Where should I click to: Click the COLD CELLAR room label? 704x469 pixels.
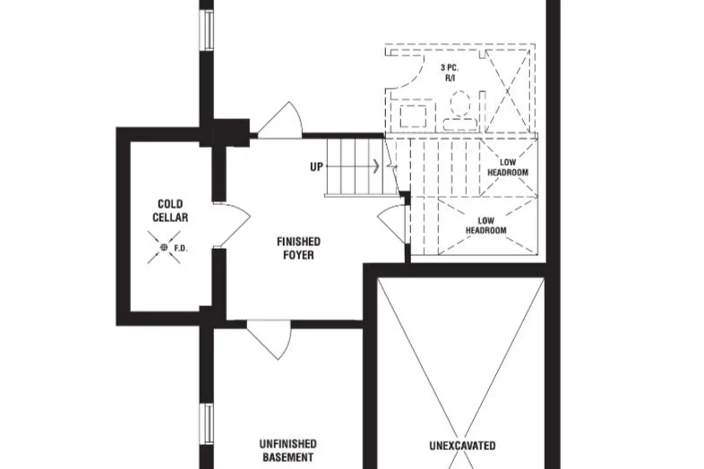pos(170,211)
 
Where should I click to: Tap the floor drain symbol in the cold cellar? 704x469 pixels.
pos(164,247)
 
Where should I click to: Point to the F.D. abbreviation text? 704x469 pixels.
pos(181,248)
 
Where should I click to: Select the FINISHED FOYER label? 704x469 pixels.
pos(298,248)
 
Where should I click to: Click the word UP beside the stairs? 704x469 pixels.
pos(316,166)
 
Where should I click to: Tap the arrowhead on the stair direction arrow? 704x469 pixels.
pos(376,166)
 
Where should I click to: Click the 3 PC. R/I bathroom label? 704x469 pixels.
pos(450,73)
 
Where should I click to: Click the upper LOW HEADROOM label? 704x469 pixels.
pos(507,167)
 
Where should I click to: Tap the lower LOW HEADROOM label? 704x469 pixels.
pos(486,226)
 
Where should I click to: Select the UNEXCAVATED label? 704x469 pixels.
pos(462,445)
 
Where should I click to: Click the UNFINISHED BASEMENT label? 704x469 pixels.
pos(288,450)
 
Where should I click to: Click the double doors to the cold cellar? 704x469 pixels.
pos(232,224)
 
